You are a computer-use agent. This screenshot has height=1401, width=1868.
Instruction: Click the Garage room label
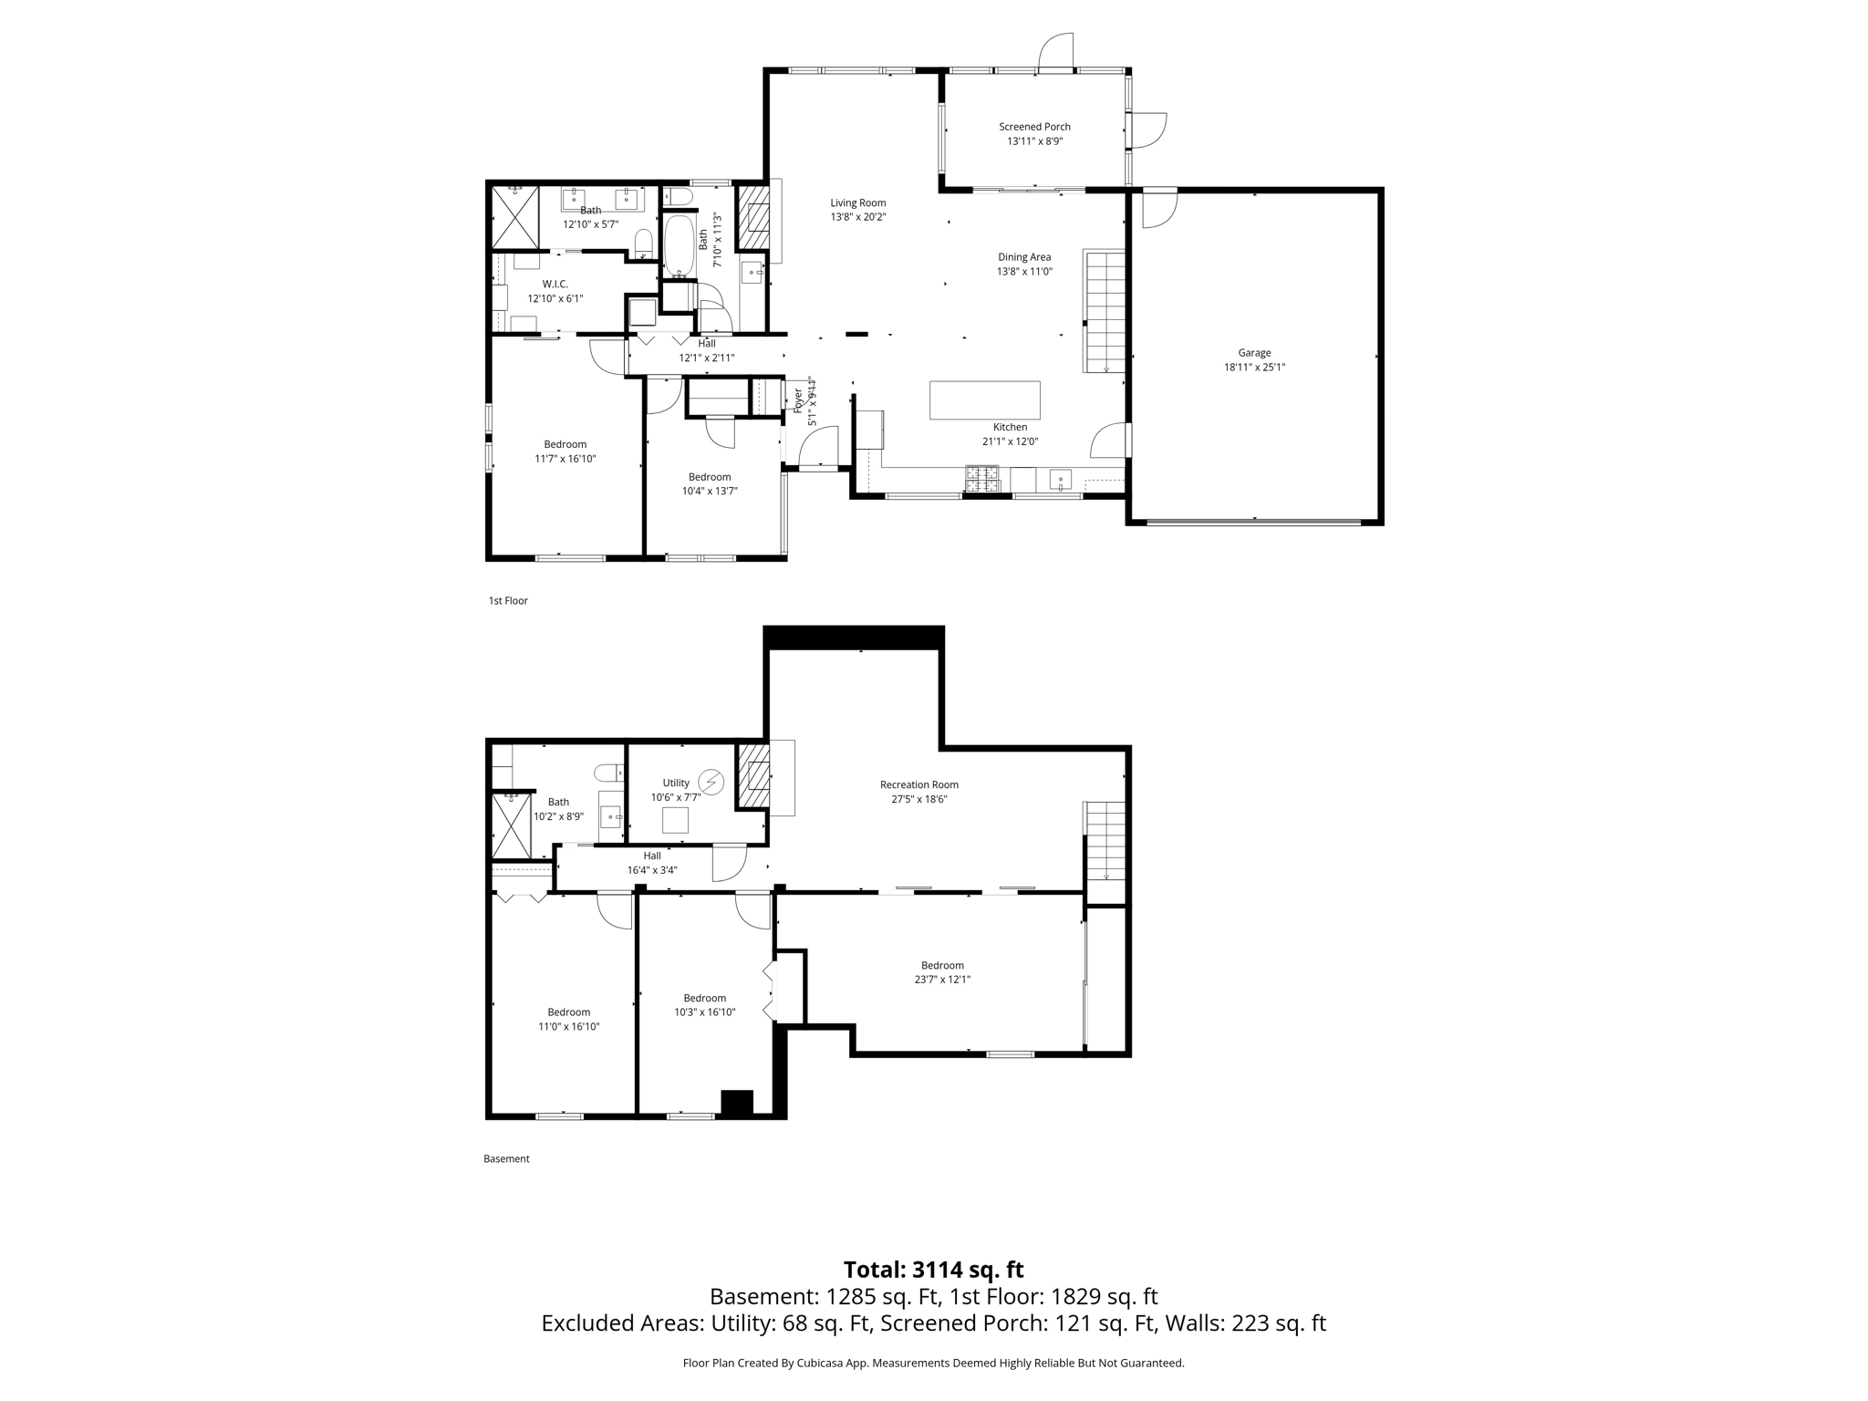1254,353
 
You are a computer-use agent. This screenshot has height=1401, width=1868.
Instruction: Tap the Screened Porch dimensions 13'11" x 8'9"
1034,141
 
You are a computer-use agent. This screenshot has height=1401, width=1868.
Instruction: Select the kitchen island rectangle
984,400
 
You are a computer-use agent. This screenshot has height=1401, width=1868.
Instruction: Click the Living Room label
857,203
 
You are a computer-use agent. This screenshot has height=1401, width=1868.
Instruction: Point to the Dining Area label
1023,257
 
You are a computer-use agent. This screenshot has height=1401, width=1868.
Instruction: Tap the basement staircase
1105,840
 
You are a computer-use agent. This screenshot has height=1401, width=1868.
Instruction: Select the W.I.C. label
555,285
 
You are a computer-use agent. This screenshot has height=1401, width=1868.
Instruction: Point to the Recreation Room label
918,784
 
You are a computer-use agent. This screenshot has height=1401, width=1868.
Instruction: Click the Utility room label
676,783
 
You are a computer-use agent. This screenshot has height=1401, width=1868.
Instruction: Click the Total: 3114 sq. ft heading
933,1270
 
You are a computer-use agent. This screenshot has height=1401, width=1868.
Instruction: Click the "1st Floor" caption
508,601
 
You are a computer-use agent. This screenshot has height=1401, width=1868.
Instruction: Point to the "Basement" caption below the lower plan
506,1159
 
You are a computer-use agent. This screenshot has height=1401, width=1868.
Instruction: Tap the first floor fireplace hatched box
752,218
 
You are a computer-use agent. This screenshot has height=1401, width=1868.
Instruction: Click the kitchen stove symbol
982,475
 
